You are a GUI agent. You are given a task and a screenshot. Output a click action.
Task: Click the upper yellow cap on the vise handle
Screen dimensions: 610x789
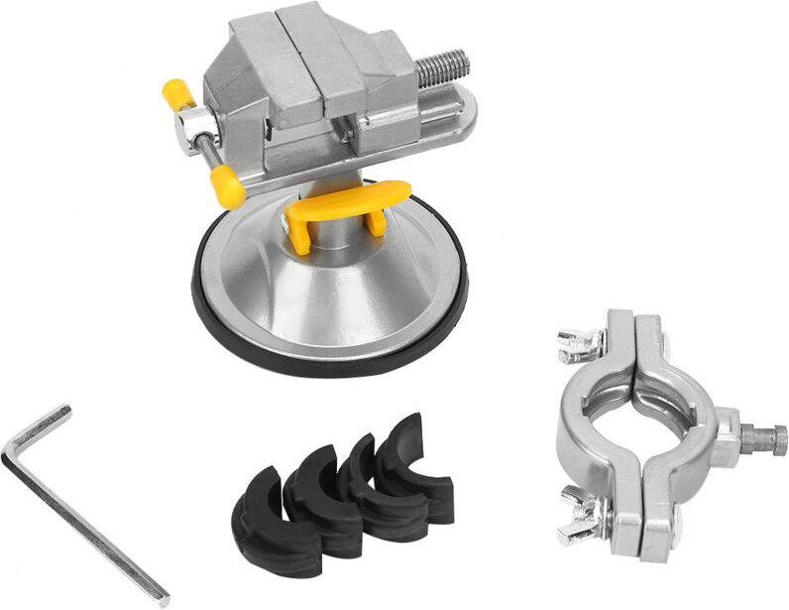pos(175,96)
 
